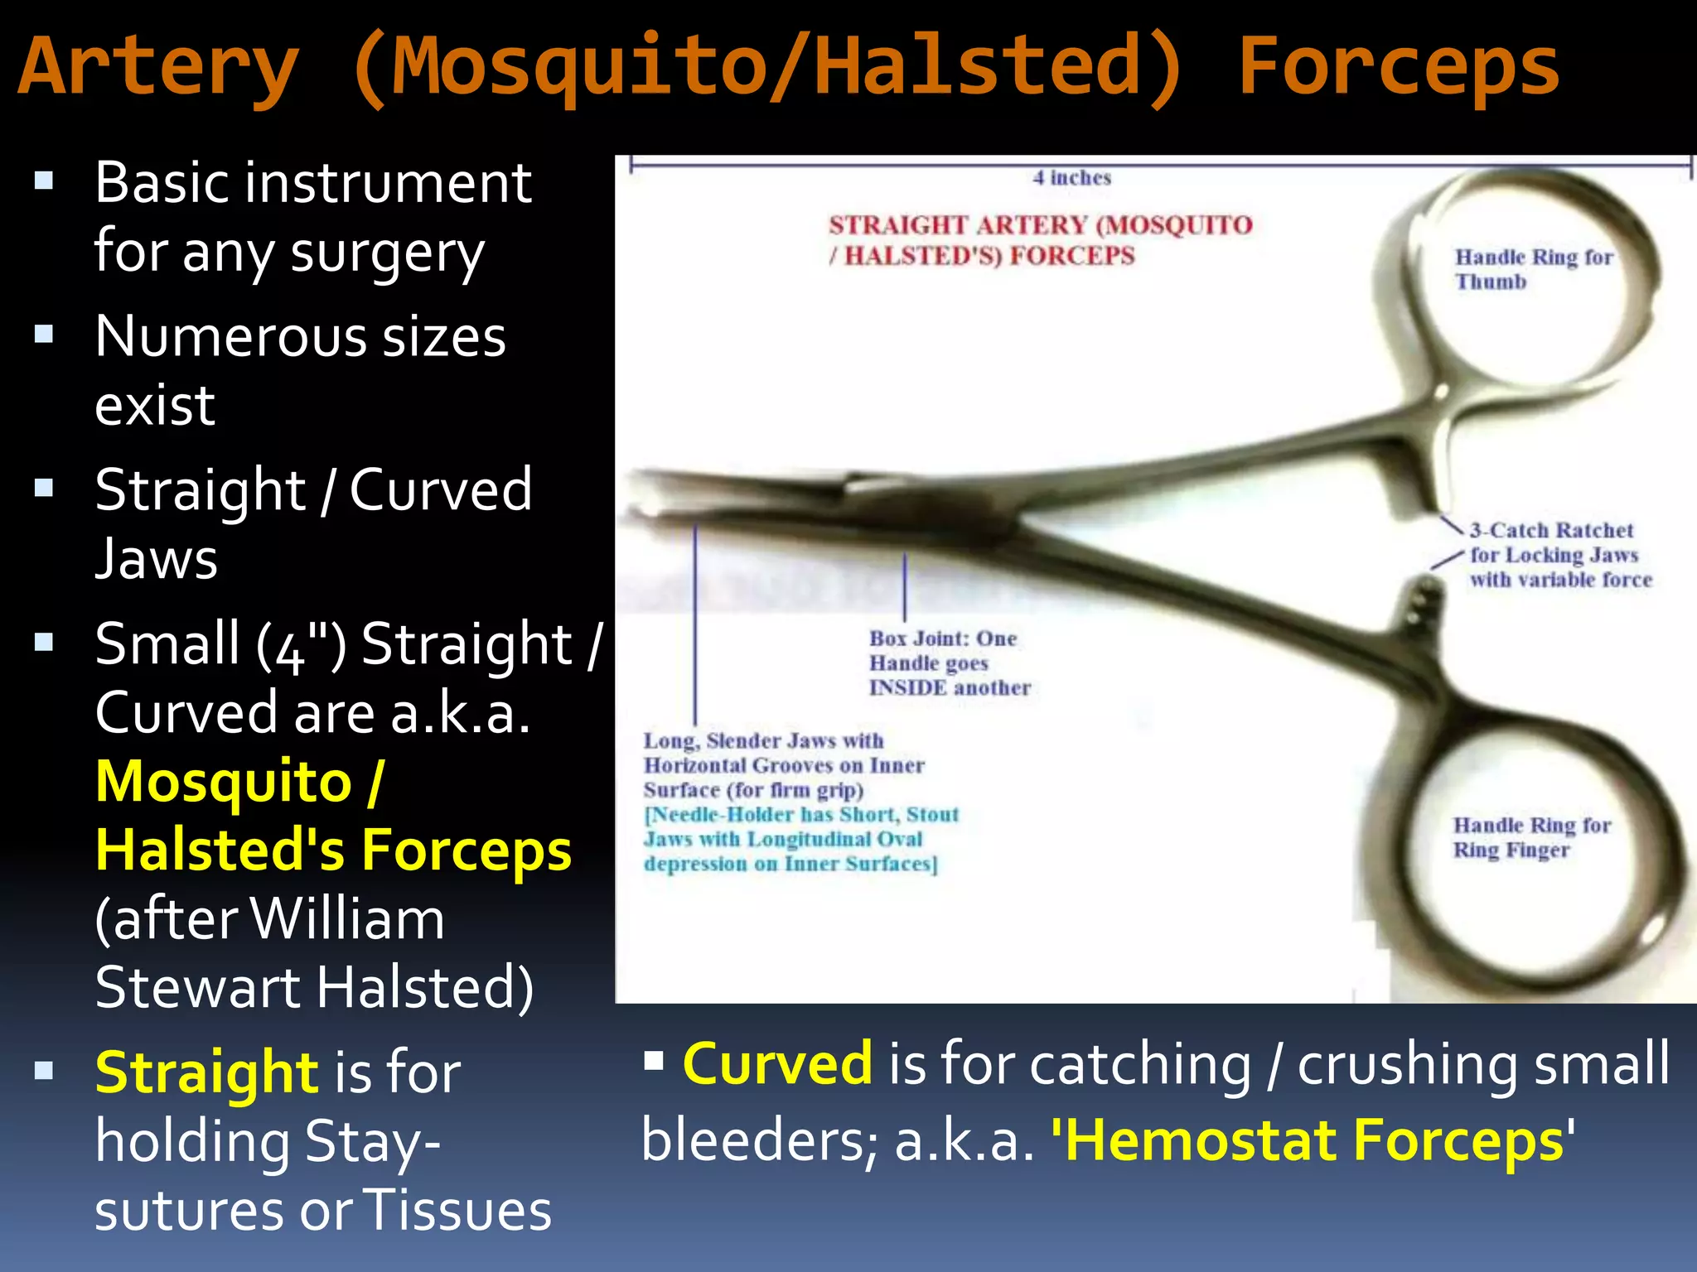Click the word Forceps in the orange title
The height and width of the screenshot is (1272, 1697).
[1398, 68]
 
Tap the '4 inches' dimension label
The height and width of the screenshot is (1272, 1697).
[1071, 178]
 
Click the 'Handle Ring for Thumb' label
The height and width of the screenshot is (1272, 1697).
[1533, 269]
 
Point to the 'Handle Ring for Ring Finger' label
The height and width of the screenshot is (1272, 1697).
[1531, 837]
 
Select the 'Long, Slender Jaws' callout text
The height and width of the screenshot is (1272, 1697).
[783, 765]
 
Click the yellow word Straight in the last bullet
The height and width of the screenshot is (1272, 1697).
[205, 1072]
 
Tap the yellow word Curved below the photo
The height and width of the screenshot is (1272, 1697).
[776, 1063]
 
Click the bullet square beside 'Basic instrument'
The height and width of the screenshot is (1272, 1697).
[44, 181]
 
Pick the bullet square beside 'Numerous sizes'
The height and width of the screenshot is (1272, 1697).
[44, 335]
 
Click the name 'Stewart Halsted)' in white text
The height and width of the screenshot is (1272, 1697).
[315, 987]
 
